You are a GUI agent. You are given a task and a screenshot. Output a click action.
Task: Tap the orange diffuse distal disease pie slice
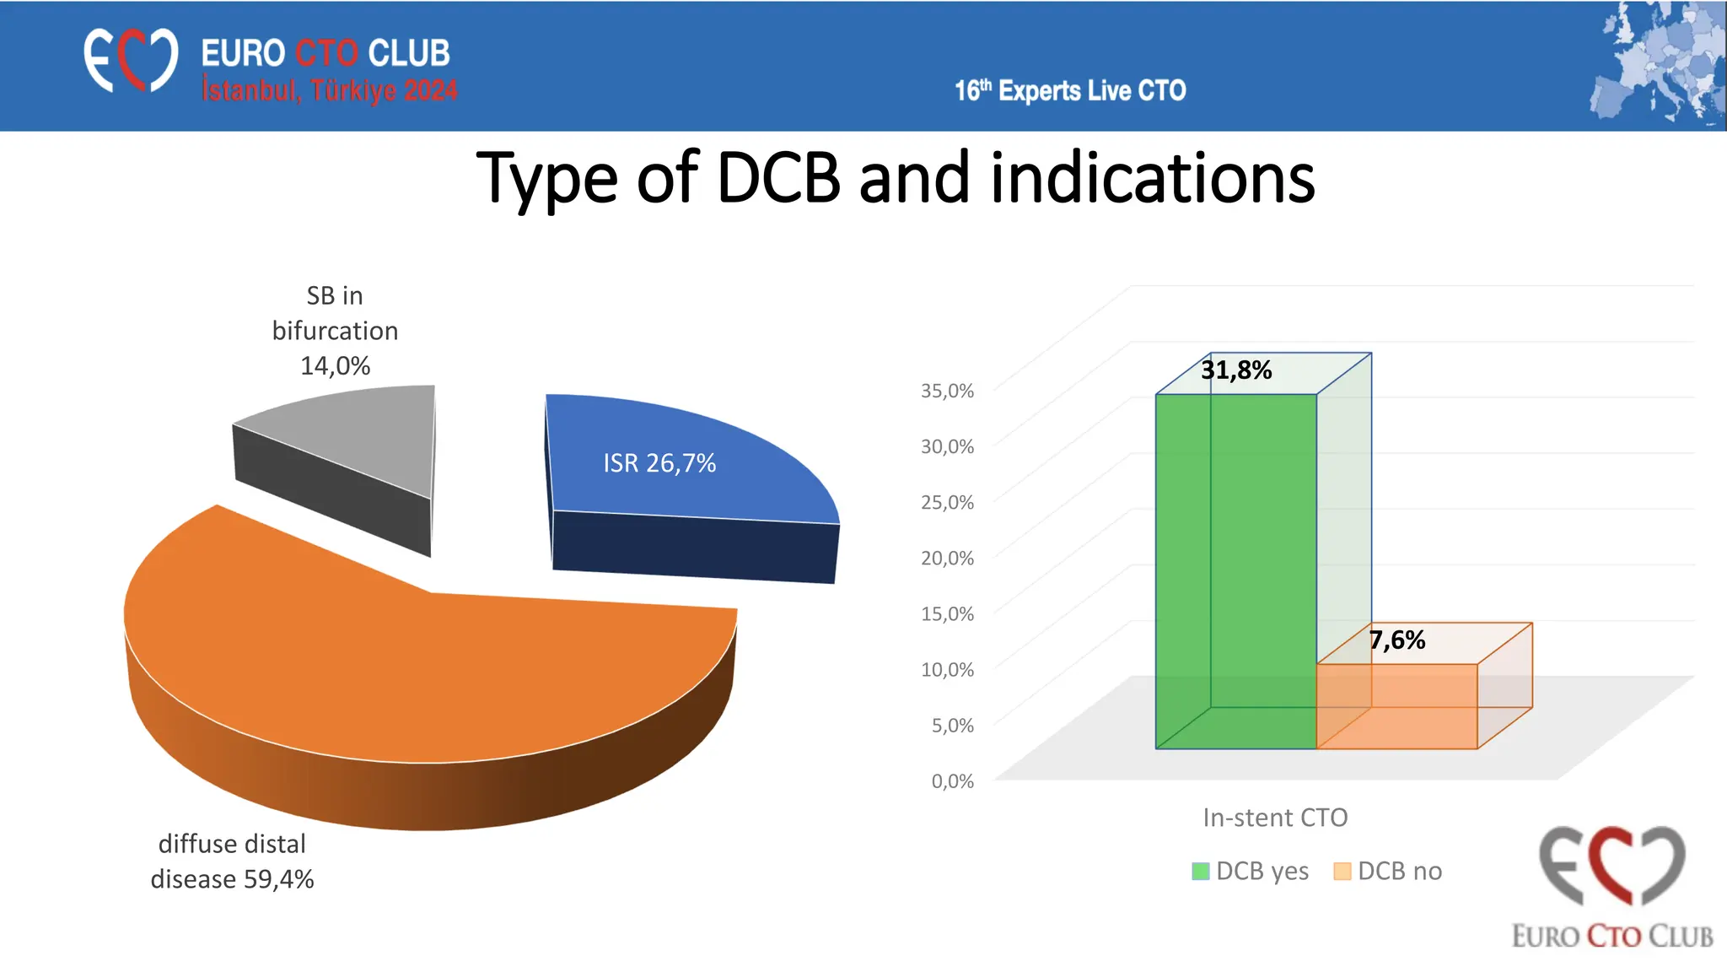(x=422, y=675)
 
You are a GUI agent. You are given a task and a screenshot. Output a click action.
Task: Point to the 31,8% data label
(x=1236, y=370)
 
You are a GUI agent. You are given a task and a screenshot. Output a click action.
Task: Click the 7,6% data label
(x=1397, y=640)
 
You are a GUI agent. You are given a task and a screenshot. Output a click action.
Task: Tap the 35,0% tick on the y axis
(x=947, y=391)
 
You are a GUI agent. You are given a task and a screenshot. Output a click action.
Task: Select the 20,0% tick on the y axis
(x=947, y=558)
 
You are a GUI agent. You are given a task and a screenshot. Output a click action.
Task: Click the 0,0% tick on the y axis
(x=952, y=781)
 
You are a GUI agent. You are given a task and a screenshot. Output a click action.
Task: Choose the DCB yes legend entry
(x=1251, y=871)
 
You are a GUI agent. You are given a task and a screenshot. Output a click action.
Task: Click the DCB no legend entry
(x=1389, y=871)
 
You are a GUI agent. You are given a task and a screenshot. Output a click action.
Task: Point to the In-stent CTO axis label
(x=1275, y=818)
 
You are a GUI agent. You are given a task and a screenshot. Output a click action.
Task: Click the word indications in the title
(x=1152, y=179)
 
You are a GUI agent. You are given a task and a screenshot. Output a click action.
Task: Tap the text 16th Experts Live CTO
(x=1070, y=90)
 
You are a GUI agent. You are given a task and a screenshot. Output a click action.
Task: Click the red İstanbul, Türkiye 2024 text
(x=329, y=90)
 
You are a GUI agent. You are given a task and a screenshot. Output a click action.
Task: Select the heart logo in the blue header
(x=131, y=60)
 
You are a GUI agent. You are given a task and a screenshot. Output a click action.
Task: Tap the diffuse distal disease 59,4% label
(x=232, y=861)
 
